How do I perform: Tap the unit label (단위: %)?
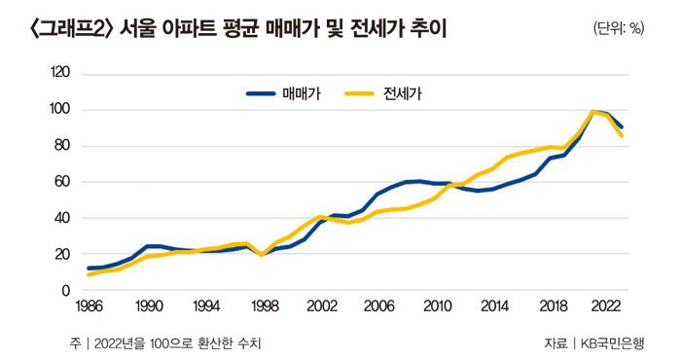618,28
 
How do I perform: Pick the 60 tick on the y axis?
62,182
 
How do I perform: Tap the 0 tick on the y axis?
66,291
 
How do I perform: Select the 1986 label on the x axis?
88,306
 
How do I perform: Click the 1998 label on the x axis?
263,306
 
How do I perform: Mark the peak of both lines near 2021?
593,112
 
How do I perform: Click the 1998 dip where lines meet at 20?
263,254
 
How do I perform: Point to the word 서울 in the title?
136,30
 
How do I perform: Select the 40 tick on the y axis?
62,218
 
